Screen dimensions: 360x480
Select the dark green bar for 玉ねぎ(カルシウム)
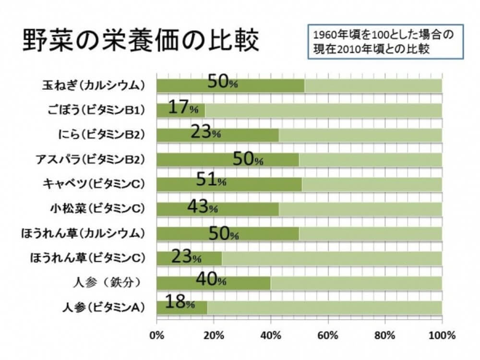[x=230, y=85]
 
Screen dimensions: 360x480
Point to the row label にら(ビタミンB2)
[x=101, y=135]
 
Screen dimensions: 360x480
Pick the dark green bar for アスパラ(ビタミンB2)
[x=228, y=159]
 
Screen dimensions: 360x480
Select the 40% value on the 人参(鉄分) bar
[x=211, y=279]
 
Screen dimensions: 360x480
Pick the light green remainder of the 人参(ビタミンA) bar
[x=324, y=307]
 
